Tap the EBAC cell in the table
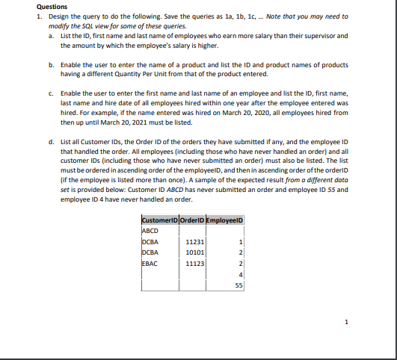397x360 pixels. coord(148,263)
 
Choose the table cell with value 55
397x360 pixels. coord(239,285)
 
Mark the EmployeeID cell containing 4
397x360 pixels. coord(241,274)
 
